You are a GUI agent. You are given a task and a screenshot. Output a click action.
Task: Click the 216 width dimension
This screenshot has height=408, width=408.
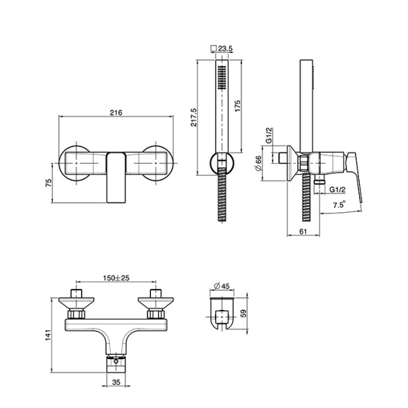coord(116,113)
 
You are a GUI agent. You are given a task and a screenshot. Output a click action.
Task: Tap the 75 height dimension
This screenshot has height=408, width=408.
coord(49,183)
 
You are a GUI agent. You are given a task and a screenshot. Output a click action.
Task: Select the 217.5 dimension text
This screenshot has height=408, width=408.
coord(194,118)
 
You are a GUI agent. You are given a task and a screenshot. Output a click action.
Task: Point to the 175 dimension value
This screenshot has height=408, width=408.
coord(237,106)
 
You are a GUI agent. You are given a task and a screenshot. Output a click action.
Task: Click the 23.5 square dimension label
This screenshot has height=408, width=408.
coord(225,48)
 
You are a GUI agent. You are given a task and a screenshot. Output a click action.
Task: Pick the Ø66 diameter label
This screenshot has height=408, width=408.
coord(258,164)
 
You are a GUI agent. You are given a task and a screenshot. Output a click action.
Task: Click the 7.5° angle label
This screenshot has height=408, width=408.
coord(339,204)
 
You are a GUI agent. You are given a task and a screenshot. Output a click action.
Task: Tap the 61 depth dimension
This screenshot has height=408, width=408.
coord(303,231)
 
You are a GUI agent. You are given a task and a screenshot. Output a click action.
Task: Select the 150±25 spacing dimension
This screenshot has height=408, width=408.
coord(116,278)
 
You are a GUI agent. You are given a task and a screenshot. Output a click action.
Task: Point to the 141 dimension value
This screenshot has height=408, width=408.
coord(49,335)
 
